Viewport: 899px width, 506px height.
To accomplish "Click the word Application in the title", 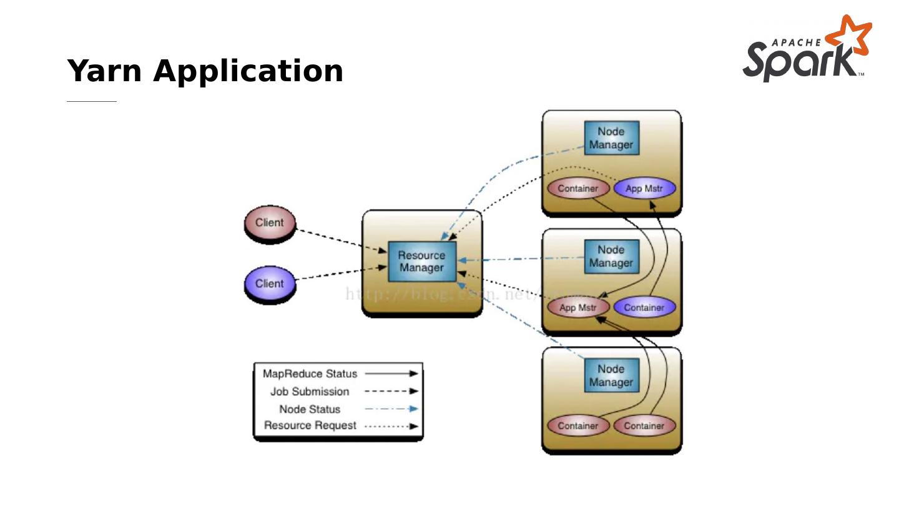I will click(248, 71).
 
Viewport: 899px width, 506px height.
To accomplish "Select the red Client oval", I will click(269, 223).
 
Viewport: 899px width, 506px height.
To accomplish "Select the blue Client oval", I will click(269, 284).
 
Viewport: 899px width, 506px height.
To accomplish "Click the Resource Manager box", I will click(422, 262).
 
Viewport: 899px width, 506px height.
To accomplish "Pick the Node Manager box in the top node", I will click(611, 138).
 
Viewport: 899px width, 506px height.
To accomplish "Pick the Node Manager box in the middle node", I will click(611, 257).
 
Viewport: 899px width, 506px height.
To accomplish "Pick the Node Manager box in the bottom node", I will click(611, 375).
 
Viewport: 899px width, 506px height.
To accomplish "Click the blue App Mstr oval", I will click(644, 188).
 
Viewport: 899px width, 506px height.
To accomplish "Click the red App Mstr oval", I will click(577, 307).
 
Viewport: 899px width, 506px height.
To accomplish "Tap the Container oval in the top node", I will click(577, 188).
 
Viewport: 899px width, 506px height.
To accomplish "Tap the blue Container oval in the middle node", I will click(644, 307).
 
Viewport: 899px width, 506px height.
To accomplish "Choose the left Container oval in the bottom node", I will click(577, 426).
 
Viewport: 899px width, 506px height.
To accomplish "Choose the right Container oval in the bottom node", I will click(644, 426).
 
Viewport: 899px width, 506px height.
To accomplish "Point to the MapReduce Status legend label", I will click(310, 374).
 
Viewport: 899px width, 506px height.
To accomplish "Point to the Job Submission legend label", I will click(310, 392).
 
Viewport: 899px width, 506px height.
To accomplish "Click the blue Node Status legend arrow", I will click(391, 409).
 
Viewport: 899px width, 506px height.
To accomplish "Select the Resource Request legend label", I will click(310, 425).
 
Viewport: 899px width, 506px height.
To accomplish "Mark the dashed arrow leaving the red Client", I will click(340, 241).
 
